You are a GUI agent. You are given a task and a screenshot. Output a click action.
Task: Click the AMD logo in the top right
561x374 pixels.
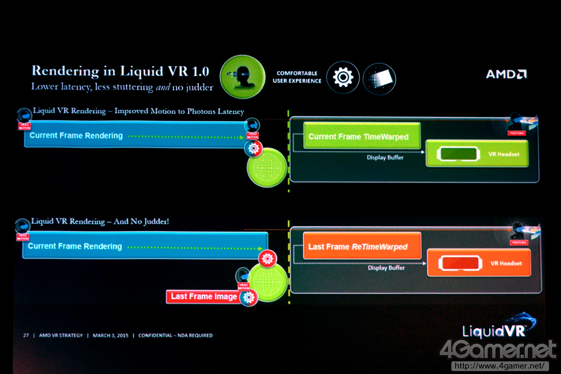[506, 74]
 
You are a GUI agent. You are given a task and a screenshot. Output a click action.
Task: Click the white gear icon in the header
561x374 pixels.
[343, 77]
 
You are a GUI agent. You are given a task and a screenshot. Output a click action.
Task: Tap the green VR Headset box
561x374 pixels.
[477, 154]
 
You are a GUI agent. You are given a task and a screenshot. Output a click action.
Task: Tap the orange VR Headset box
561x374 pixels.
[479, 263]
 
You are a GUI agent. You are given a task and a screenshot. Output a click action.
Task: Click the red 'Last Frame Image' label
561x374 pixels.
[203, 296]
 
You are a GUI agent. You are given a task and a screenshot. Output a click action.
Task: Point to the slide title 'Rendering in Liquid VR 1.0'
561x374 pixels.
[120, 71]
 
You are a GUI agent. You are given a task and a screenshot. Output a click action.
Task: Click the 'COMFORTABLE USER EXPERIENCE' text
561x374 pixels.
[297, 77]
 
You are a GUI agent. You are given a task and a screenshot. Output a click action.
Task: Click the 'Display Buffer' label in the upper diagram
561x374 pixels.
[386, 158]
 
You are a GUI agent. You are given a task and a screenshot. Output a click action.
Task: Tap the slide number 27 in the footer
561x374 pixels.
[26, 335]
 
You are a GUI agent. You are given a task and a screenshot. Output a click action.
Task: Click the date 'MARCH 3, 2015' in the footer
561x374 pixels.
[110, 335]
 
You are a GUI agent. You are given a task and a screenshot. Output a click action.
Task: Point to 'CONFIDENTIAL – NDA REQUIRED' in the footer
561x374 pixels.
[175, 335]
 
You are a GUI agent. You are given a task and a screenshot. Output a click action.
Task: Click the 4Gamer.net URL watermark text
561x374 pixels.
[499, 365]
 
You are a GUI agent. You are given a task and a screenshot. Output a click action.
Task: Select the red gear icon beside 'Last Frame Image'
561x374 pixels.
[249, 297]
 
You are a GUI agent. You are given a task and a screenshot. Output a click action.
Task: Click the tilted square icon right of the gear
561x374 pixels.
[379, 77]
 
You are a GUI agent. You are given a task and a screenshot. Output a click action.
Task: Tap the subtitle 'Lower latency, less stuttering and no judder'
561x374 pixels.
[122, 87]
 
